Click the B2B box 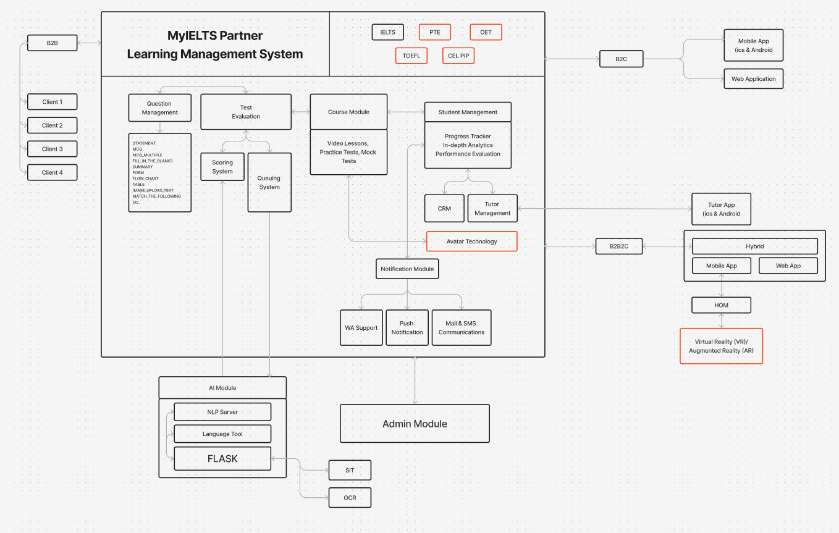coord(52,43)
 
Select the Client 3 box coord(52,149)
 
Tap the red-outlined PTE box coord(435,32)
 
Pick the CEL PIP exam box coord(458,56)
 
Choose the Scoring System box coord(222,167)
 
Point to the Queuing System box coord(269,182)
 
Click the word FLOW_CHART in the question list coord(146,178)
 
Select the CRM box coord(444,209)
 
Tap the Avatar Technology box coord(471,241)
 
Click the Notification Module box coord(407,269)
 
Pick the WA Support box coord(361,327)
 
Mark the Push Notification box coord(407,327)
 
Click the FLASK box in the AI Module coord(222,459)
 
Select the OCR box coord(350,498)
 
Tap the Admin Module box coord(415,424)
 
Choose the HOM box coord(721,305)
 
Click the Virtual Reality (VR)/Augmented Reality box coord(721,346)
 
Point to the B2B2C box coord(619,246)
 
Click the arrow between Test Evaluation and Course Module coord(300,112)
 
